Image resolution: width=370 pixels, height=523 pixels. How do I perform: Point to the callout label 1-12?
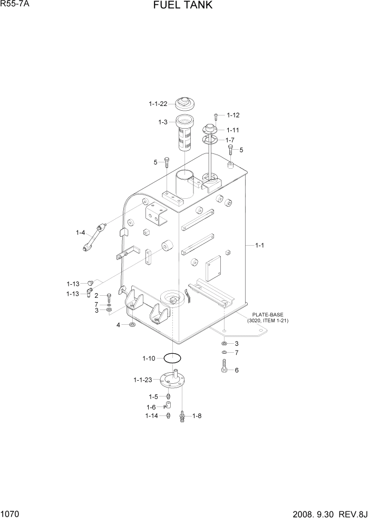pyautogui.click(x=233, y=115)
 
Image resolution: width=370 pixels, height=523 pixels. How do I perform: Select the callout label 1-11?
pyautogui.click(x=233, y=130)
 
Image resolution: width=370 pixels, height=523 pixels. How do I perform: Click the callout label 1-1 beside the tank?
pyautogui.click(x=260, y=245)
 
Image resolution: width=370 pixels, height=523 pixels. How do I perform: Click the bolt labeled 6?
pyautogui.click(x=225, y=367)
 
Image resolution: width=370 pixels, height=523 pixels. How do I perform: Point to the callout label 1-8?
pyautogui.click(x=197, y=416)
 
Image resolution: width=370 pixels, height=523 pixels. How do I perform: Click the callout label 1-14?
pyautogui.click(x=152, y=416)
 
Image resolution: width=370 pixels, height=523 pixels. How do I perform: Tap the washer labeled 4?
pyautogui.click(x=131, y=325)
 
